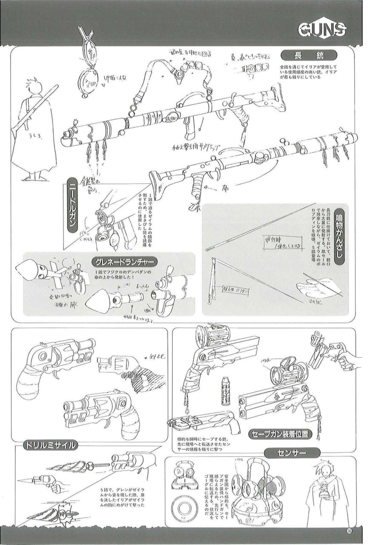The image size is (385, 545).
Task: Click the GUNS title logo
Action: point(322,30)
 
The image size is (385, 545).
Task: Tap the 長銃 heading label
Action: point(309,55)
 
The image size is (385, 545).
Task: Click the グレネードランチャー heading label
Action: point(124,261)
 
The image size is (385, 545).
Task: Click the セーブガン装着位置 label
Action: point(279,434)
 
